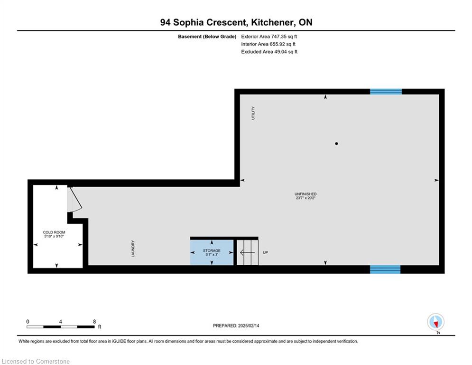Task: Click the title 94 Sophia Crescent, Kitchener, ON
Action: point(236,22)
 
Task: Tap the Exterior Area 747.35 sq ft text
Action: point(269,37)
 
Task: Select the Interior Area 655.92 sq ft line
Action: point(268,44)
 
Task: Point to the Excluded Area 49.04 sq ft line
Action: point(269,52)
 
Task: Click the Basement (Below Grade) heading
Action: point(207,37)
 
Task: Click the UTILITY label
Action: point(253,113)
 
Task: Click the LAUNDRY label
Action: point(133,249)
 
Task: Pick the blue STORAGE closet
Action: point(212,252)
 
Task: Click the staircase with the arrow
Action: point(248,252)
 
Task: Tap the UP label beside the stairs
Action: point(265,252)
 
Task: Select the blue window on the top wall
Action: point(386,91)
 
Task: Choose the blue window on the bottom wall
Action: point(385,269)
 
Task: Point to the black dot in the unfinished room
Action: point(336,144)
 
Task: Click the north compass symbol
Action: point(435,322)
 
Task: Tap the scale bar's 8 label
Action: point(94,322)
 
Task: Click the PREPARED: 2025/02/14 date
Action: point(236,326)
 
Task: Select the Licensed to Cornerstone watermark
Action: point(36,361)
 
